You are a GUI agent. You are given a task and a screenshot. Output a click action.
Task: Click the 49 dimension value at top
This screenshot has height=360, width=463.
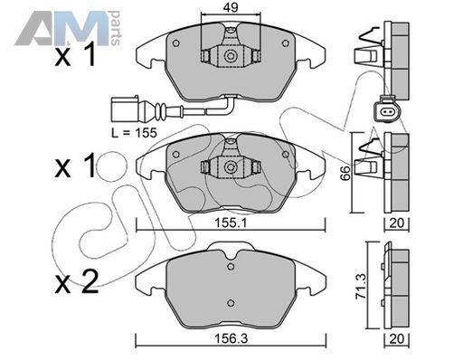(x=231, y=7)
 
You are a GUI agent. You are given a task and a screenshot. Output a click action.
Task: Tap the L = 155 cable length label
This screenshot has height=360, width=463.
(x=134, y=133)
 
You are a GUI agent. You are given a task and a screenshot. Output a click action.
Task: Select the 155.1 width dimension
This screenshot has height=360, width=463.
(x=231, y=223)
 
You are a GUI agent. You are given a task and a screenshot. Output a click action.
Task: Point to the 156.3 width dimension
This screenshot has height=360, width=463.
(x=231, y=338)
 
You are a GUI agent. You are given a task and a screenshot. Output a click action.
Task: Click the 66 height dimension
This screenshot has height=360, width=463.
(x=345, y=173)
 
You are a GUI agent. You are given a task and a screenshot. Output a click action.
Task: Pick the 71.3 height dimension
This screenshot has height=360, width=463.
(x=361, y=286)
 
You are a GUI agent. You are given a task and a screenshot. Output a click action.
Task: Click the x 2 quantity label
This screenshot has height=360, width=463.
(x=77, y=282)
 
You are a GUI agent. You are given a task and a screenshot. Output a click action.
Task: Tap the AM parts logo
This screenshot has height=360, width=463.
(x=68, y=28)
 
